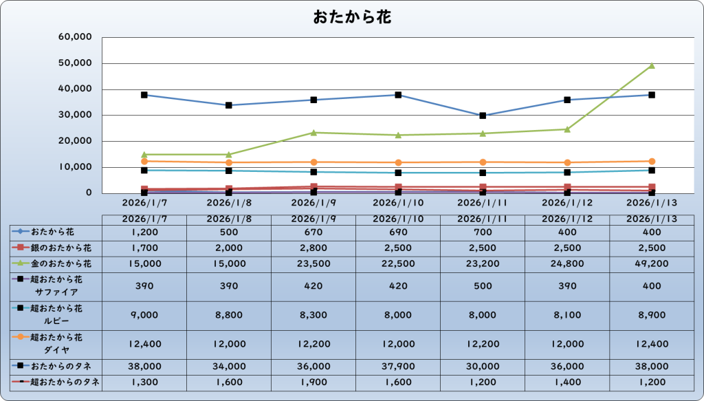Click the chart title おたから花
point(351,17)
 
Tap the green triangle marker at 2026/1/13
point(651,66)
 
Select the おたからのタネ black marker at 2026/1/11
point(483,116)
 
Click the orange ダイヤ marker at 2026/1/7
point(144,161)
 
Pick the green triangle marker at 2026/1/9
point(313,132)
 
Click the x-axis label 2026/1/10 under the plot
point(398,203)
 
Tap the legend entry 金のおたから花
point(60,263)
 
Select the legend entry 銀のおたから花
point(60,247)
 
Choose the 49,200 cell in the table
point(651,263)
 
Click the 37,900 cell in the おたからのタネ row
point(398,367)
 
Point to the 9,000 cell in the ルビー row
point(144,315)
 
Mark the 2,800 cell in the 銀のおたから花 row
point(313,247)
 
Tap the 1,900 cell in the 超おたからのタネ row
point(313,382)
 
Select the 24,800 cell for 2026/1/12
point(567,263)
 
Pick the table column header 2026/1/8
point(229,219)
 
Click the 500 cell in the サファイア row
point(483,285)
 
